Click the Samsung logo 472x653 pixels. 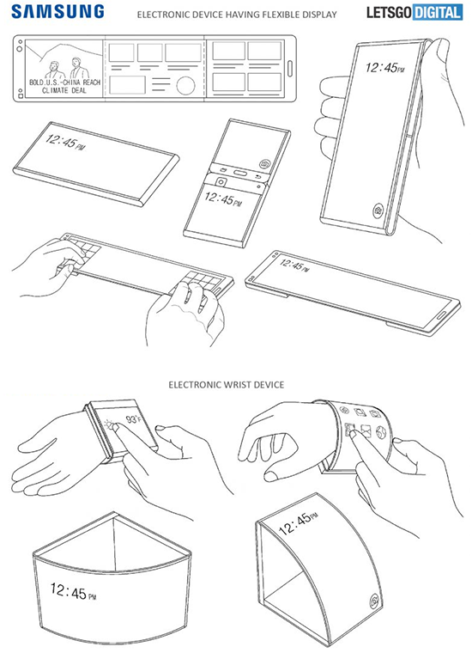(x=57, y=11)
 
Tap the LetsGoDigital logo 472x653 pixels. (x=415, y=12)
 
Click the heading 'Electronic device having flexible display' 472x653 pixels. (x=237, y=15)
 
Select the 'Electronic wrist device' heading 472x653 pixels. (x=227, y=384)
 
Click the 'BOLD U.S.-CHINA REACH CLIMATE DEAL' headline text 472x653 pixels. (x=64, y=86)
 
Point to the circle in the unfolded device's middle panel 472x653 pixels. (x=185, y=85)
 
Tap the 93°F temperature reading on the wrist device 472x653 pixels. (x=134, y=419)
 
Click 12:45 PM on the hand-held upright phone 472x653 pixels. (x=384, y=68)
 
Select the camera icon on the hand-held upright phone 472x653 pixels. (x=378, y=210)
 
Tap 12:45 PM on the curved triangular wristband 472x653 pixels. (x=73, y=592)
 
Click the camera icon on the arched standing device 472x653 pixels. (x=375, y=601)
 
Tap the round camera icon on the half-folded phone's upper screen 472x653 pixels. (x=264, y=163)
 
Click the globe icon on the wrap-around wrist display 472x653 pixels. (x=381, y=432)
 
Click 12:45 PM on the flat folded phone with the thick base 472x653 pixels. (x=64, y=142)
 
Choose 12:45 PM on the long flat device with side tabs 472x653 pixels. (x=294, y=265)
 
